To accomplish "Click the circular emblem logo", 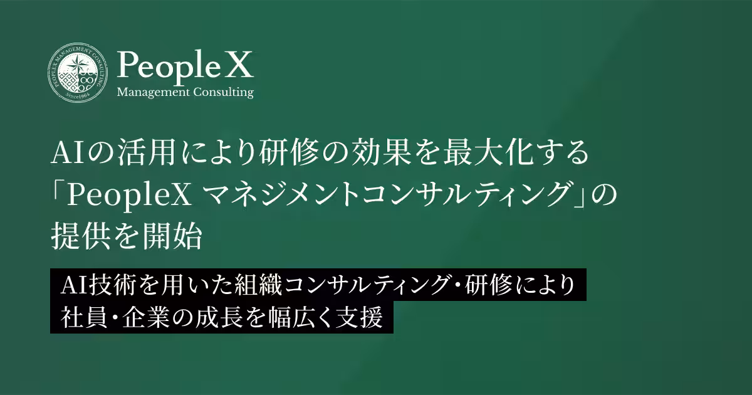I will (78, 73).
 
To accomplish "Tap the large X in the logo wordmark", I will (239, 65).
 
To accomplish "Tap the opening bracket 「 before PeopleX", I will (58, 196).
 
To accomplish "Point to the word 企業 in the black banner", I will (139, 317).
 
